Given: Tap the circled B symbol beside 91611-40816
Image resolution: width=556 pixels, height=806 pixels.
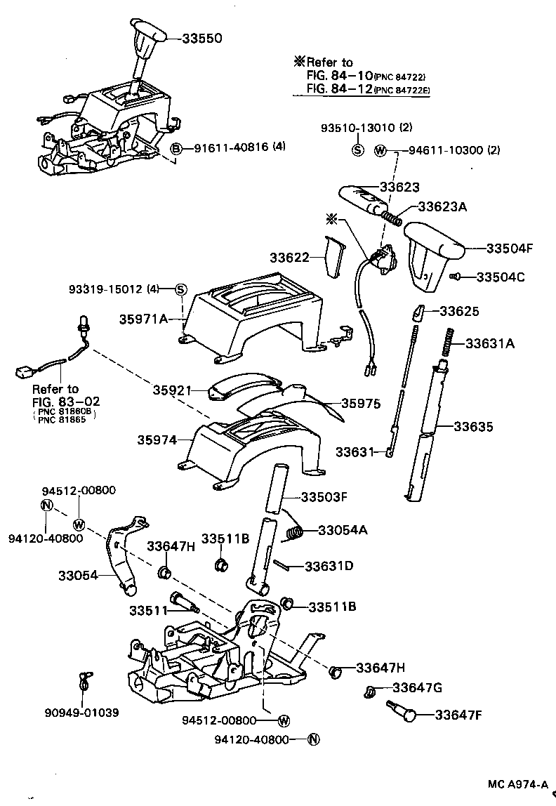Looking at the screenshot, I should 177,147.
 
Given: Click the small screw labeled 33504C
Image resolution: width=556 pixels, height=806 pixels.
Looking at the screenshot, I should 454,277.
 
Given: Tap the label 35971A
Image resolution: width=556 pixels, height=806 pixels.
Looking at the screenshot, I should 143,319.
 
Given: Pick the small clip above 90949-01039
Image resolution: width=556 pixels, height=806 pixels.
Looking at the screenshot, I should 84,680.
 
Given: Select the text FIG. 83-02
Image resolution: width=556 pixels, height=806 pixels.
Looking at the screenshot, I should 66,401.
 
